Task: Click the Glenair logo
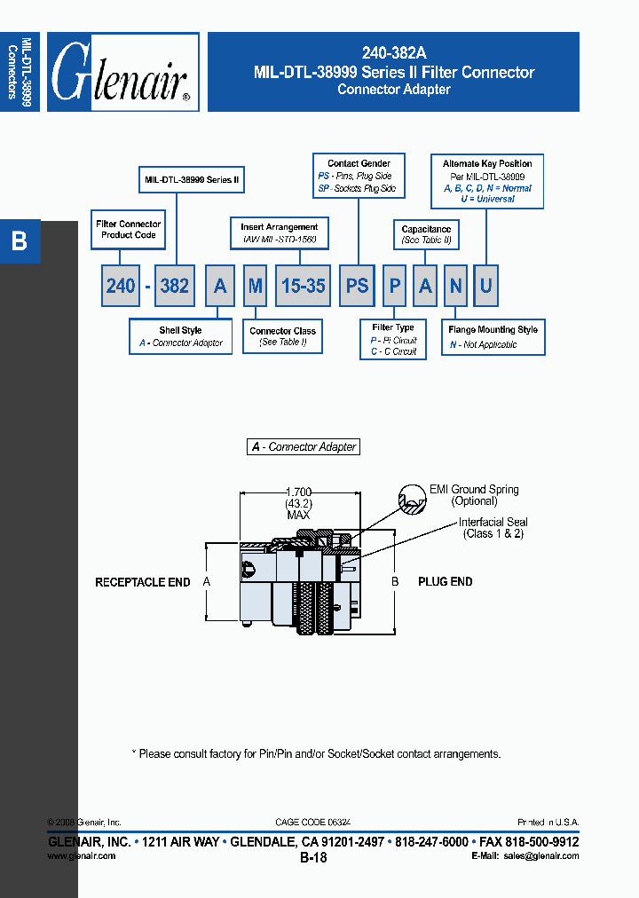pyautogui.click(x=122, y=72)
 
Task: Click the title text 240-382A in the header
pyautogui.click(x=393, y=54)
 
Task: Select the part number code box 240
pyautogui.click(x=121, y=286)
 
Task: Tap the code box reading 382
pyautogui.click(x=174, y=286)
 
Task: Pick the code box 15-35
pyautogui.click(x=304, y=286)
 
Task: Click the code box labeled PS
pyautogui.click(x=358, y=286)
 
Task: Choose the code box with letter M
pyautogui.click(x=256, y=286)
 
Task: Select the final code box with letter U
pyautogui.click(x=485, y=286)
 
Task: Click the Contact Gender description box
pyautogui.click(x=359, y=177)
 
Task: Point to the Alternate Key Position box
pyautogui.click(x=487, y=181)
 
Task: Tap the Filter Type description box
pyautogui.click(x=393, y=340)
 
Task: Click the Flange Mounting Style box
pyautogui.click(x=493, y=337)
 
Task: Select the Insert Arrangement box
pyautogui.click(x=279, y=233)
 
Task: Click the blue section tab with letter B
pyautogui.click(x=20, y=241)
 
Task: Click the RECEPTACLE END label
pyautogui.click(x=143, y=582)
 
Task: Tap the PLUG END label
pyautogui.click(x=446, y=582)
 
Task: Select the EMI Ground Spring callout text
pyautogui.click(x=474, y=490)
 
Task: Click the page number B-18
pyautogui.click(x=313, y=858)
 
